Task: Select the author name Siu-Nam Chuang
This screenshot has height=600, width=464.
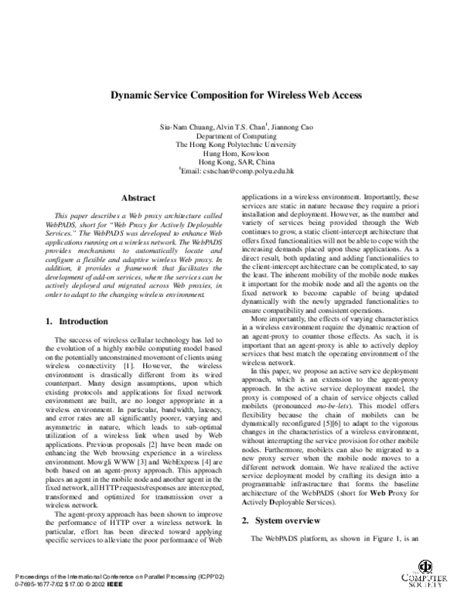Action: coord(183,126)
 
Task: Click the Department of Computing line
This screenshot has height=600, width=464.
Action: coord(231,135)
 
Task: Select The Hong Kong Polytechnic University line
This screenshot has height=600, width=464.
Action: coord(231,145)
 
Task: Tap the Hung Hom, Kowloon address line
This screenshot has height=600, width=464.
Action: coord(231,154)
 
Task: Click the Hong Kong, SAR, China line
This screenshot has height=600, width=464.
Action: coord(231,162)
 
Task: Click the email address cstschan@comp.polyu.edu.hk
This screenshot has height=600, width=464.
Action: coord(240,172)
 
